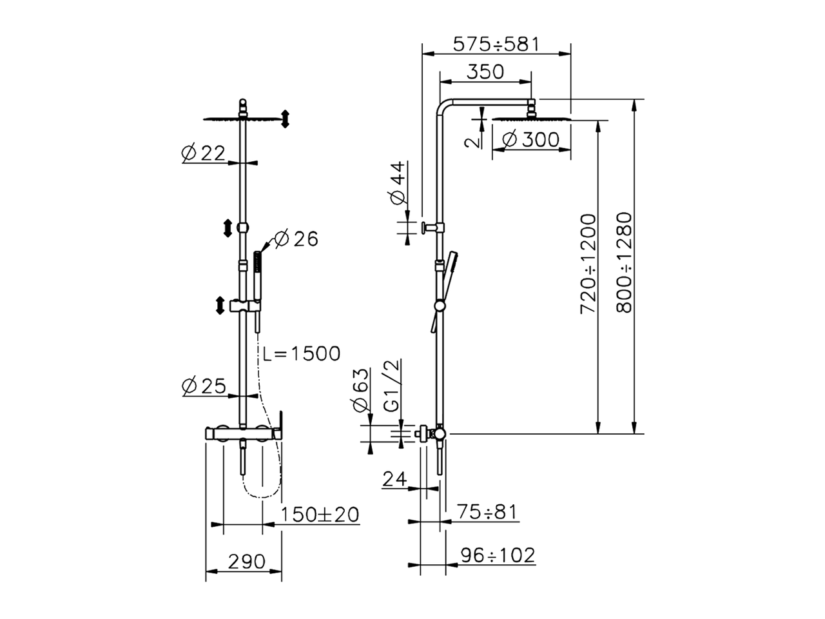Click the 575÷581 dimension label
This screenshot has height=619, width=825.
coord(496,44)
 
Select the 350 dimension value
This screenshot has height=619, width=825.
coord(485,72)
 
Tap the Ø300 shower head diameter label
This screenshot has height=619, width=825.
coord(530,140)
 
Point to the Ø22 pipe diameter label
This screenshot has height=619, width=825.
coord(203,153)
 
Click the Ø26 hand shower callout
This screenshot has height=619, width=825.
coord(296,239)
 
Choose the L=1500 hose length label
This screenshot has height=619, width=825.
coord(302,353)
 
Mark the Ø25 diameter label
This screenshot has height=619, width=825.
coord(203,386)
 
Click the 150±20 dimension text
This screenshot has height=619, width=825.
coord(320,515)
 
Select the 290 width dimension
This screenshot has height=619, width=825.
coord(247,562)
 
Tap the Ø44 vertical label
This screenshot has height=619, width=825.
coord(398,182)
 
